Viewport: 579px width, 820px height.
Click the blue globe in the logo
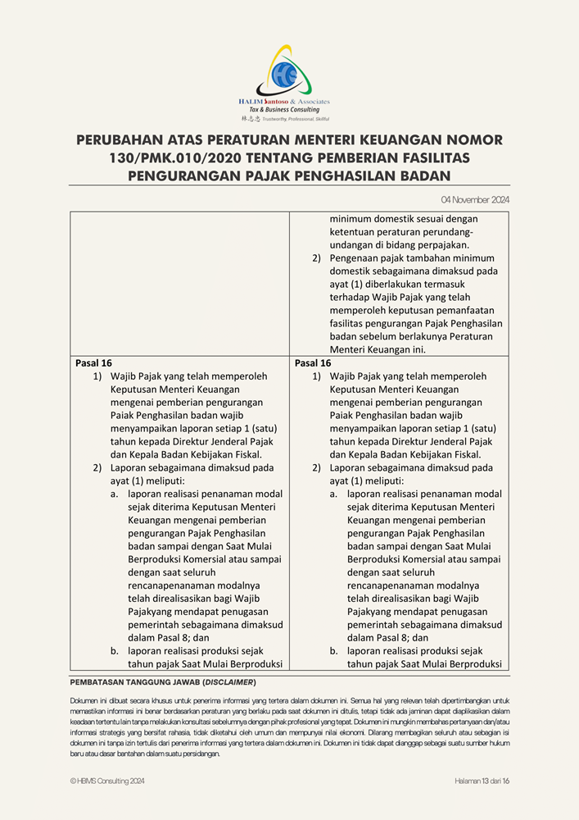pos(287,75)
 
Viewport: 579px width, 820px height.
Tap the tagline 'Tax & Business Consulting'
pos(284,110)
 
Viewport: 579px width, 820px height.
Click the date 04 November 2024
pos(475,199)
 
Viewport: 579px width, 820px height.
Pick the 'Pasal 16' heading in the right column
pos(313,363)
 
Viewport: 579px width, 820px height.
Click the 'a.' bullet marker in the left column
pos(115,494)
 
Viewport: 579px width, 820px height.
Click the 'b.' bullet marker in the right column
pos(334,651)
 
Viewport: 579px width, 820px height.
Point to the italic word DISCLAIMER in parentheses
pos(230,682)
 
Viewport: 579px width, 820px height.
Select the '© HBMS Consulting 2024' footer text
pos(107,781)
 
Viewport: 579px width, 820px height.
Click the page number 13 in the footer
pos(486,781)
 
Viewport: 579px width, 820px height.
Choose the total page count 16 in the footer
pos(506,781)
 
